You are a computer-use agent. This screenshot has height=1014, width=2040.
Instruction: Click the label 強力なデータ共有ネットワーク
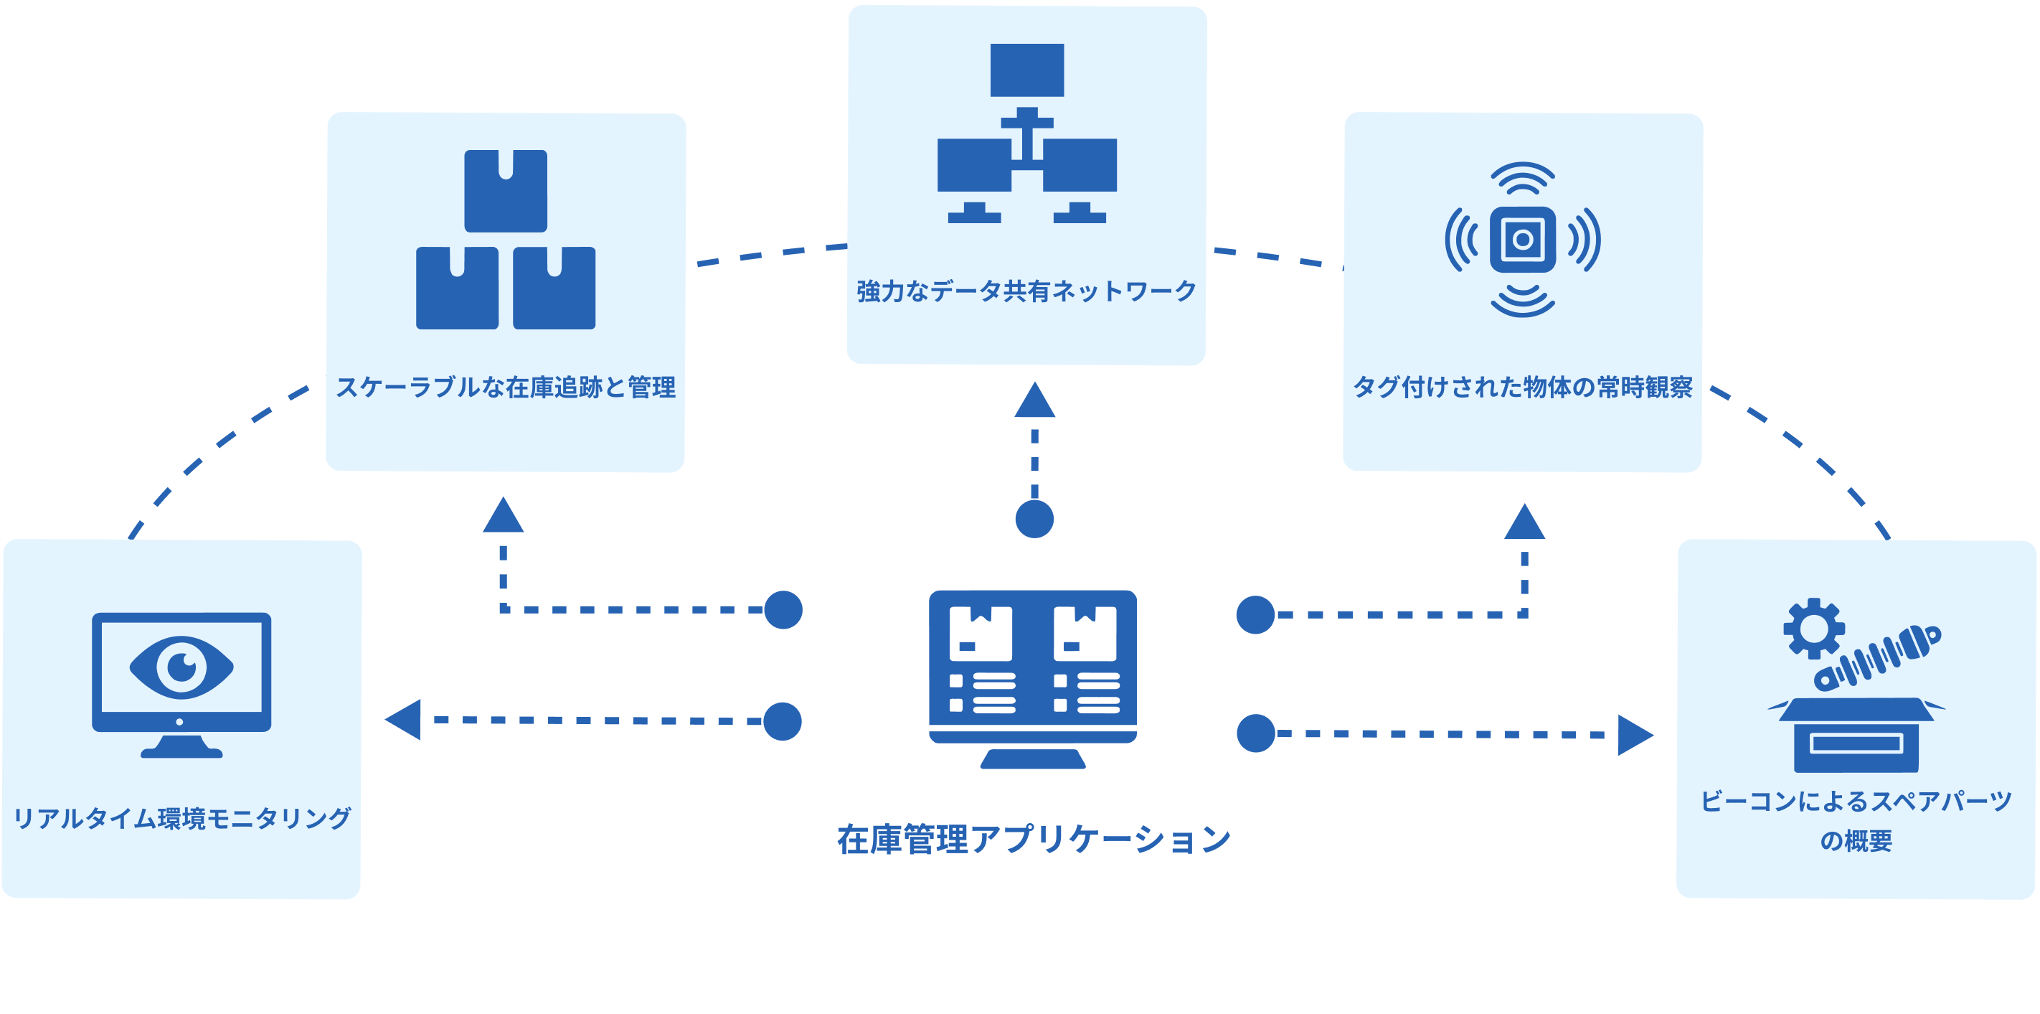pos(1026,291)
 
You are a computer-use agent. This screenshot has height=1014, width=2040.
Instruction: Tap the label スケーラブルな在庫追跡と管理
pos(505,388)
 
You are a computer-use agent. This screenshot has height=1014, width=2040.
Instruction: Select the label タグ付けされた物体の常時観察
pos(1522,388)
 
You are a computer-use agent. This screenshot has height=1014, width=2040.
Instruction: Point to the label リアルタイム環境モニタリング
pos(182,817)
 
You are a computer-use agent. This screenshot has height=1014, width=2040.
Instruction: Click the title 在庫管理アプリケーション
pos(1034,840)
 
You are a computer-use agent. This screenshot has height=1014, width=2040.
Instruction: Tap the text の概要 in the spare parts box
pos(1856,840)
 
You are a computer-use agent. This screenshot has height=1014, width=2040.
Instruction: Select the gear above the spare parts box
pos(1813,628)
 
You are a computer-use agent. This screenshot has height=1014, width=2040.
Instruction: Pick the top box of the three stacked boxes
pos(505,190)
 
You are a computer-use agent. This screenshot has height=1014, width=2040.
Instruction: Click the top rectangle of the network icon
pos(1027,70)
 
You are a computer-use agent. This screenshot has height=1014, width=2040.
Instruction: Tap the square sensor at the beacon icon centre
pos(1522,239)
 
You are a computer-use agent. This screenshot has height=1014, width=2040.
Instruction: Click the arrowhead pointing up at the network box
pos(1034,401)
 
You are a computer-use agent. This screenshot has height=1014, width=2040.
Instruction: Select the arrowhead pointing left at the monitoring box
pos(404,719)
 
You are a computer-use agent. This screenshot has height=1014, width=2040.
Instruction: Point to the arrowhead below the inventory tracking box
pos(504,517)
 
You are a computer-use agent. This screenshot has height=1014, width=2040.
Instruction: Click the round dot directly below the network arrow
pos(1034,519)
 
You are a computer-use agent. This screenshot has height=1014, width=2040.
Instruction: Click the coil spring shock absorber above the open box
pos(1879,657)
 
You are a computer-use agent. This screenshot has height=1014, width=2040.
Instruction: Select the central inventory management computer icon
pos(1033,678)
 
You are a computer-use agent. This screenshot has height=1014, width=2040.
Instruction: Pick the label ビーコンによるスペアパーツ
pos(1856,801)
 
